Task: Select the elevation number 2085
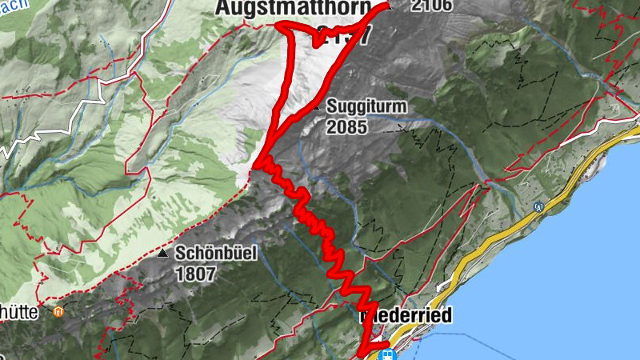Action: pos(346,126)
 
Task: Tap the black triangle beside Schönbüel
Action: pos(164,254)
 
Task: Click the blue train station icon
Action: pos(385,354)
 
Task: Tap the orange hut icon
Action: pos(57,312)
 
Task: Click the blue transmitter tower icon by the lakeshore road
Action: pos(539,206)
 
